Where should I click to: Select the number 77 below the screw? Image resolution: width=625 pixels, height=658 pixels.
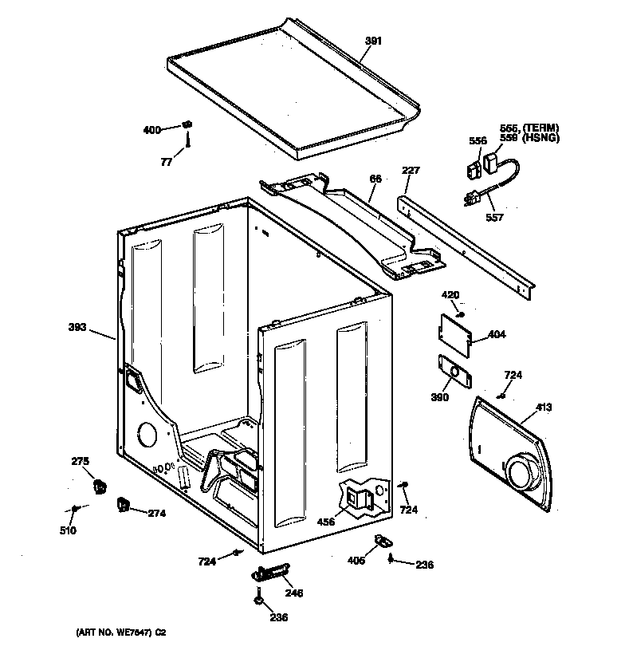click(x=166, y=161)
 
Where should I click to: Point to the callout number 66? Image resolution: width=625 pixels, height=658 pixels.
click(x=375, y=179)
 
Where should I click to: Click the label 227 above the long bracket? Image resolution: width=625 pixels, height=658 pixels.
click(x=411, y=170)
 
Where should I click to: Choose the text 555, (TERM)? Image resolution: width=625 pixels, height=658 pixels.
click(x=529, y=128)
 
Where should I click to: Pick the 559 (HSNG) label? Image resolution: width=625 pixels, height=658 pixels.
click(x=529, y=138)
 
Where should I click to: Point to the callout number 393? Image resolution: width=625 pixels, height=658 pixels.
click(x=78, y=326)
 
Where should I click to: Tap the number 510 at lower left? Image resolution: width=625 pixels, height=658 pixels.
click(x=69, y=530)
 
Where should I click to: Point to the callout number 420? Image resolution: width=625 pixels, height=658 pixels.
click(x=450, y=295)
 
